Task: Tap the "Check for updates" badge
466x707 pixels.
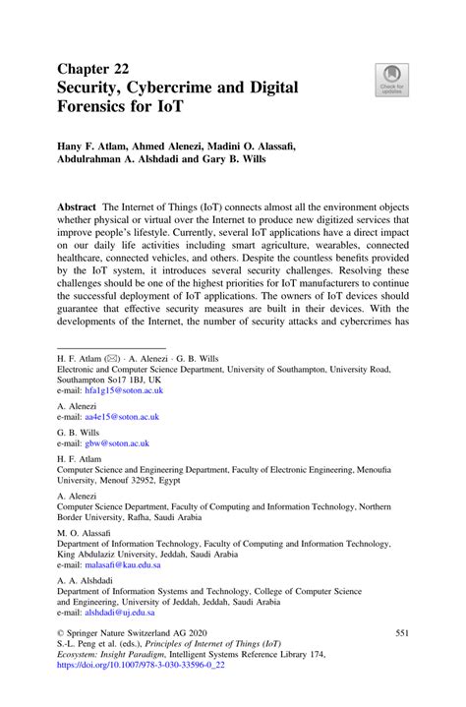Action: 391,80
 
